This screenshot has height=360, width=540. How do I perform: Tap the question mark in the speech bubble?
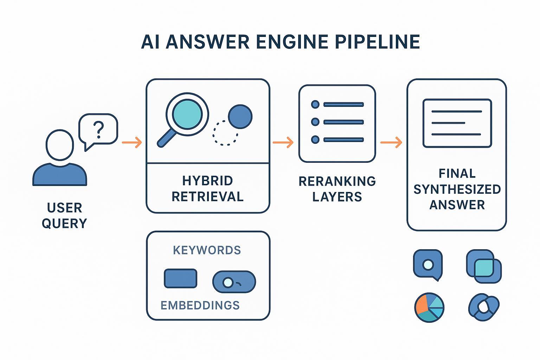pyautogui.click(x=99, y=129)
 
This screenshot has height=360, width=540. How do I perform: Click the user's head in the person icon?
pyautogui.click(x=60, y=145)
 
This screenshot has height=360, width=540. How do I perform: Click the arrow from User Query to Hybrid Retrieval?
pyautogui.click(x=132, y=142)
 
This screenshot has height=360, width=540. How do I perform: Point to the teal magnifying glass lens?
pyautogui.click(x=187, y=114)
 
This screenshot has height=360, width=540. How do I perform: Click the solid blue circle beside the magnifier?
pyautogui.click(x=240, y=116)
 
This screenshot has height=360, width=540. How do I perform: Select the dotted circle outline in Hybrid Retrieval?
pyautogui.click(x=225, y=133)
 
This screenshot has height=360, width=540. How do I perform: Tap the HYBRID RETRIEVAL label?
pyautogui.click(x=207, y=188)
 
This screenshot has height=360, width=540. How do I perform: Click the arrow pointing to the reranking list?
pyautogui.click(x=283, y=142)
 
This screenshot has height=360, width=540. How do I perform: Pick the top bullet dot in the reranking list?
pyautogui.click(x=315, y=104)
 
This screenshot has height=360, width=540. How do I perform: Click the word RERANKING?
pyautogui.click(x=337, y=181)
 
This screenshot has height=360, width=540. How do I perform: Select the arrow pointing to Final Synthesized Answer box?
pyautogui.click(x=391, y=142)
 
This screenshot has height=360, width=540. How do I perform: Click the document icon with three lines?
pyautogui.click(x=457, y=123)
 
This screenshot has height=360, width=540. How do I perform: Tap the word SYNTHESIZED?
pyautogui.click(x=457, y=189)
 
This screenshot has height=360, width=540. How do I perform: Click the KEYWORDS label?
pyautogui.click(x=207, y=250)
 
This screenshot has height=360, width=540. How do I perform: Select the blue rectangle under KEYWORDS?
pyautogui.click(x=181, y=278)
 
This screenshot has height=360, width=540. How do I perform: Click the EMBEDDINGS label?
pyautogui.click(x=200, y=305)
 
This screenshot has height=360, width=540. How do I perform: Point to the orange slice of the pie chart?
pyautogui.click(x=421, y=304)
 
